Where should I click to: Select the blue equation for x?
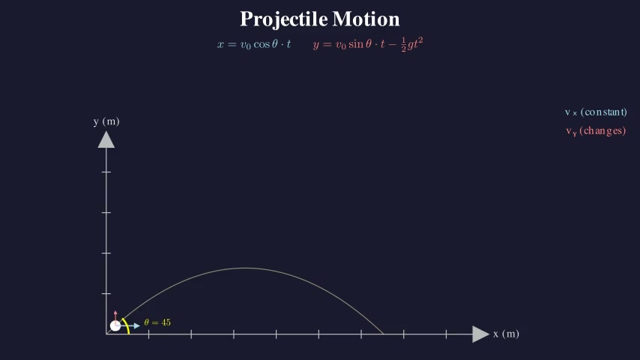(254, 44)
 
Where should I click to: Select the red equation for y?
(368, 44)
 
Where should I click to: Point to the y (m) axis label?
(106, 121)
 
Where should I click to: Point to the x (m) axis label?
(506, 334)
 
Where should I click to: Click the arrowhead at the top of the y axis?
(106, 140)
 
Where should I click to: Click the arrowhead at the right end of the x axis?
(480, 334)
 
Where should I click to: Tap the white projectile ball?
(115, 325)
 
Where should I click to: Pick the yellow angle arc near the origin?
(127, 325)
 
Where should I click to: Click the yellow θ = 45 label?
(157, 322)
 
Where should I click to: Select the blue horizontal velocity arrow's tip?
(138, 325)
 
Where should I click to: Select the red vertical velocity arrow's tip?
(115, 312)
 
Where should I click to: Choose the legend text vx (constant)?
(596, 112)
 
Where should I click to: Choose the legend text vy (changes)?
(596, 131)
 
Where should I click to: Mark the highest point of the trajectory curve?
(245, 268)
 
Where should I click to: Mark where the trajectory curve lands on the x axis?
(384, 334)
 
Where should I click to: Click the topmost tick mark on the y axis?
(106, 172)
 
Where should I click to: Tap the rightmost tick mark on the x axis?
(447, 334)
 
